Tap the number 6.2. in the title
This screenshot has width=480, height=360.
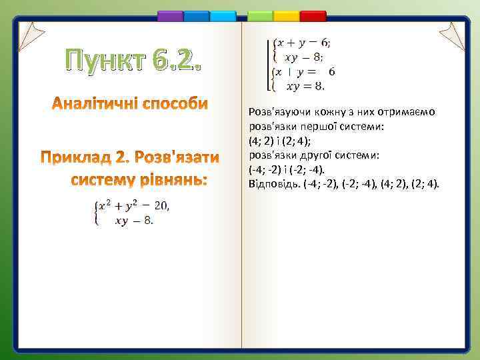[172, 62]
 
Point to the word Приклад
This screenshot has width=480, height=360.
[75, 158]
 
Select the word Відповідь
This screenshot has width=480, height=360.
[268, 183]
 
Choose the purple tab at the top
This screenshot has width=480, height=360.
[170, 15]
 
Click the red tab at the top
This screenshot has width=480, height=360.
[313, 15]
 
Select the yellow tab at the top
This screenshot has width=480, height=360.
[287, 15]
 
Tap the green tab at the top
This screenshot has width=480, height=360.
[260, 15]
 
